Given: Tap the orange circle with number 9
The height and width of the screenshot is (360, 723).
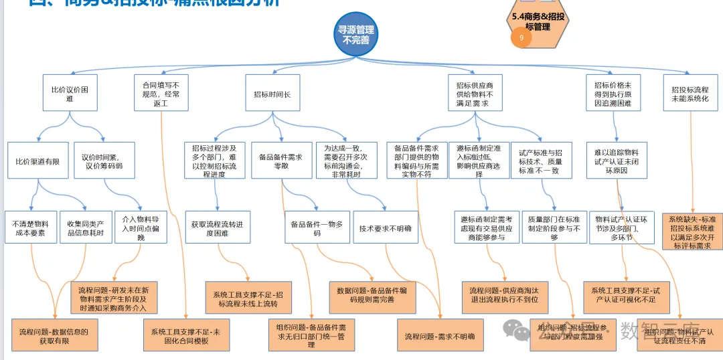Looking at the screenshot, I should point(521,38).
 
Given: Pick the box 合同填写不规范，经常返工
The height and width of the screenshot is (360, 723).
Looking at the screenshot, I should point(161,94).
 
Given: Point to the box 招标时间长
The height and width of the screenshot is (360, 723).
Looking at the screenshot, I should point(272,94).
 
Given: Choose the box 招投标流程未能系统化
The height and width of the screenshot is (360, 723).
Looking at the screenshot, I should point(690,94).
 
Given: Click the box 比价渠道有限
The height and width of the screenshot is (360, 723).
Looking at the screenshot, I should point(37,161).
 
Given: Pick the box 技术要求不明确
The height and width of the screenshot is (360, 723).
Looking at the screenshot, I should point(385,228).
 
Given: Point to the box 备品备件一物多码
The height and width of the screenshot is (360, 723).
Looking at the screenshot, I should point(316,228).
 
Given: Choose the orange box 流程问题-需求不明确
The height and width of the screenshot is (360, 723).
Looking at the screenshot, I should point(439,336).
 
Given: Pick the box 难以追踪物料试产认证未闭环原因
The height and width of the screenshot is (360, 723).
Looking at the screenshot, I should point(617,161).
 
